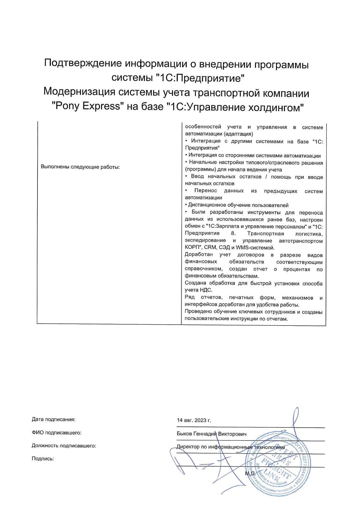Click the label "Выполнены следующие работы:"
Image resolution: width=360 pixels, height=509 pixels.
coord(80,167)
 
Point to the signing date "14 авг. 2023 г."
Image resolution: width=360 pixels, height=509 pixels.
coord(194,420)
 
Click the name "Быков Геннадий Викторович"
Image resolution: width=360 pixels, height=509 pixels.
coord(212,434)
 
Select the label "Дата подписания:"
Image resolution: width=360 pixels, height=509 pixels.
coord(53,419)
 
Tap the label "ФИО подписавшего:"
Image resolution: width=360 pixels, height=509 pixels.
coord(56,433)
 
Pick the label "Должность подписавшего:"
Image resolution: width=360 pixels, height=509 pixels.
coord(64,445)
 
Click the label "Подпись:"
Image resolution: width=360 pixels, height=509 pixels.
coord(43,459)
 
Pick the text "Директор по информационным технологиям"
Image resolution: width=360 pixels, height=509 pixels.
coord(231,447)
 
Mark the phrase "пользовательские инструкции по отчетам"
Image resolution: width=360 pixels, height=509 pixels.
coord(236,319)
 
